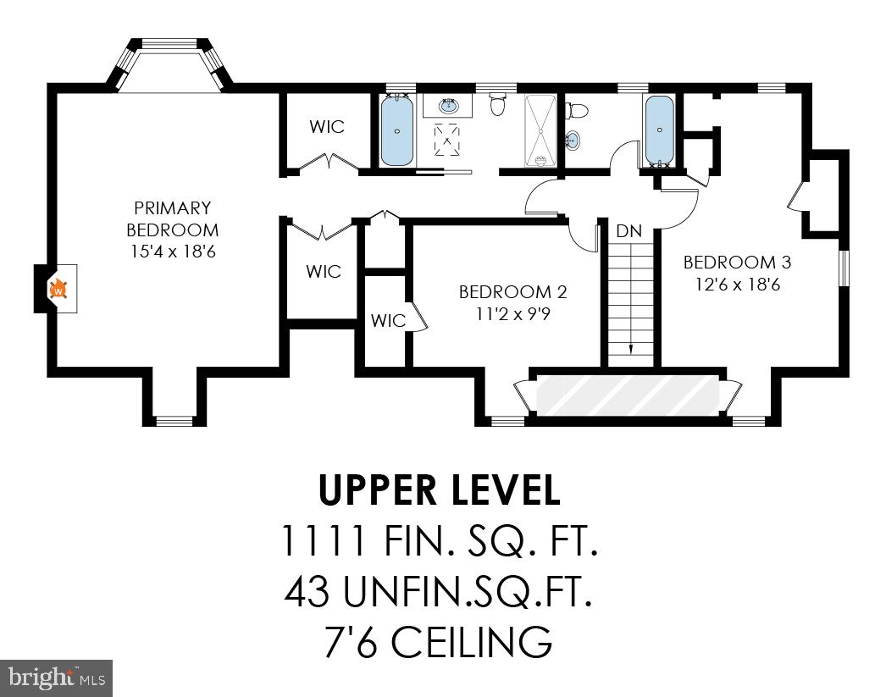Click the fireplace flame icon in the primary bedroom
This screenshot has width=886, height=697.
click(59, 290)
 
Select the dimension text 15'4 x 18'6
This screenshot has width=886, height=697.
click(172, 252)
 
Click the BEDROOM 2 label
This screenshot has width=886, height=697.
click(512, 292)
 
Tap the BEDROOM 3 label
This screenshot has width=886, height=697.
click(730, 262)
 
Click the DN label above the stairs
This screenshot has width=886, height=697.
click(629, 231)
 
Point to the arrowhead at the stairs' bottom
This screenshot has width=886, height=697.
click(630, 347)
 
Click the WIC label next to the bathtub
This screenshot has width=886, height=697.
click(327, 127)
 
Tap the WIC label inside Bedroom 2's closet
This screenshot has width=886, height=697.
click(388, 321)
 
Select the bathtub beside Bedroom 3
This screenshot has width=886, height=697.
click(659, 130)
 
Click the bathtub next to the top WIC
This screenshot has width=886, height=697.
click(396, 131)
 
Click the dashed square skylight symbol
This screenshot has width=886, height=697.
click(448, 139)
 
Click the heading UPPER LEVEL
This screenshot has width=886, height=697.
click(439, 490)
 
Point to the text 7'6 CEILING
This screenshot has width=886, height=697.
click(439, 641)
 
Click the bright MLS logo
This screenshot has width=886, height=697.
click(56, 678)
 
